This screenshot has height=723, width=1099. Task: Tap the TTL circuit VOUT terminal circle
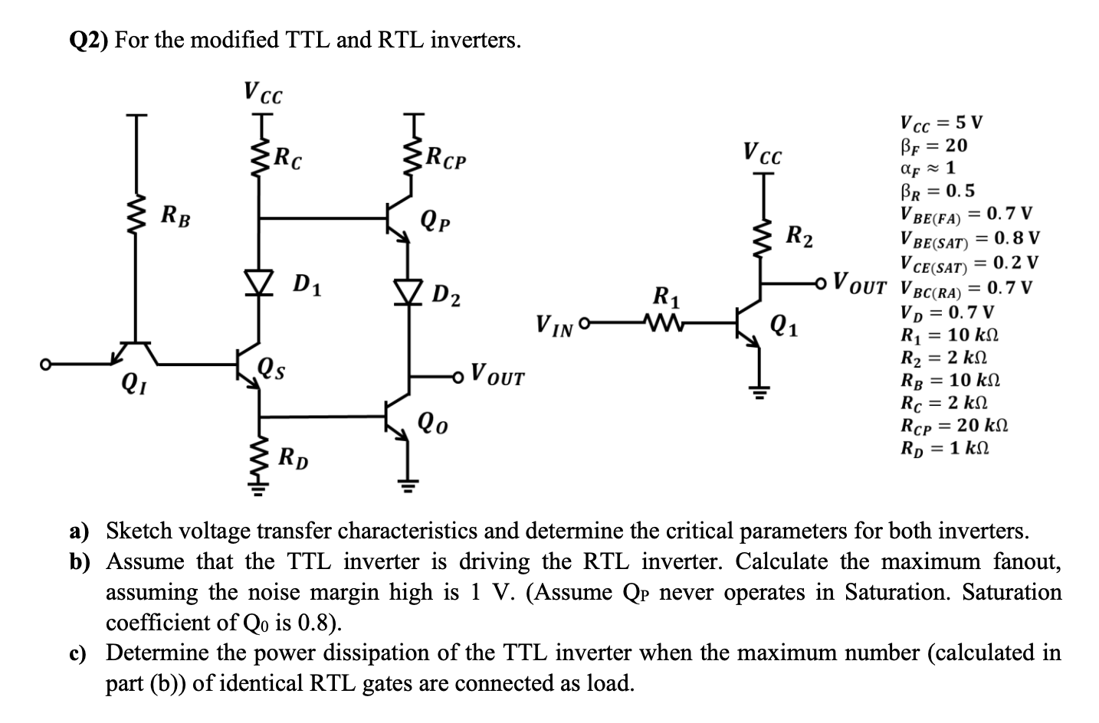[x=459, y=376]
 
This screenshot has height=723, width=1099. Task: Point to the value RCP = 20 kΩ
[x=953, y=426]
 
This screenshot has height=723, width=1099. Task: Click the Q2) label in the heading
[x=86, y=40]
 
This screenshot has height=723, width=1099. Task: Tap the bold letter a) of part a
[x=79, y=531]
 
